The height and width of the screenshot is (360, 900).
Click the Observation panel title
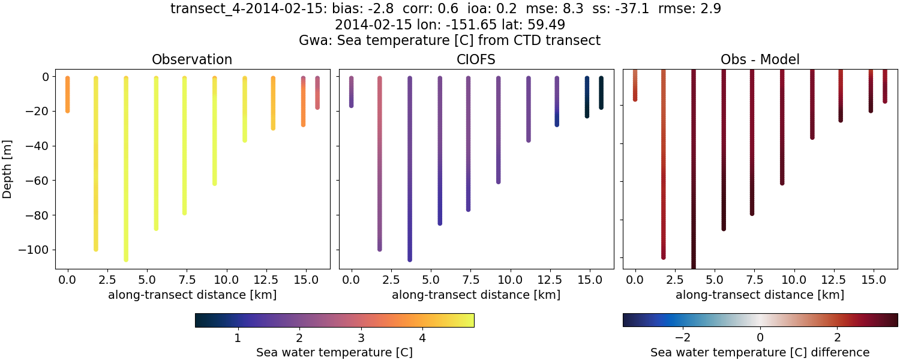192,59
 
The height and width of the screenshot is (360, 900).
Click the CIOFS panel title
476,59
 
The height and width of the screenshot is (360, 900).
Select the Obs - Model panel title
760,59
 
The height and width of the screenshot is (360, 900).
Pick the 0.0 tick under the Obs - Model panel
635,280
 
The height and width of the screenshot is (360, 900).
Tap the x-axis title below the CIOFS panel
476,295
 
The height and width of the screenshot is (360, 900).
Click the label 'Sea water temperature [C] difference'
760,352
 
